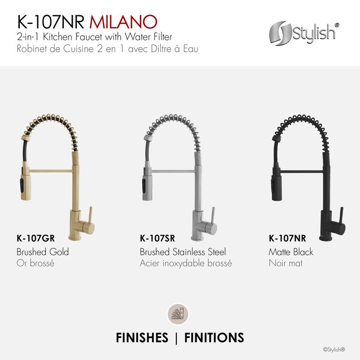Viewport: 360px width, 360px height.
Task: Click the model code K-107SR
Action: coord(157,238)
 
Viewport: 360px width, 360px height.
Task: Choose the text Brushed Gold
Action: coord(42,252)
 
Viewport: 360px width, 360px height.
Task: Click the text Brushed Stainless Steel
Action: coord(183,252)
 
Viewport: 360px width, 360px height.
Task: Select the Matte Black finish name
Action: coord(291,252)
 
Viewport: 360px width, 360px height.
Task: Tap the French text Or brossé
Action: coord(35,263)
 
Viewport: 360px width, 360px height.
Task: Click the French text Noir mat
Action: coord(285,263)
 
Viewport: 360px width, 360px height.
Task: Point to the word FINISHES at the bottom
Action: coord(142,337)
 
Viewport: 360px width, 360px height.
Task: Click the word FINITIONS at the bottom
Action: coord(214,337)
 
